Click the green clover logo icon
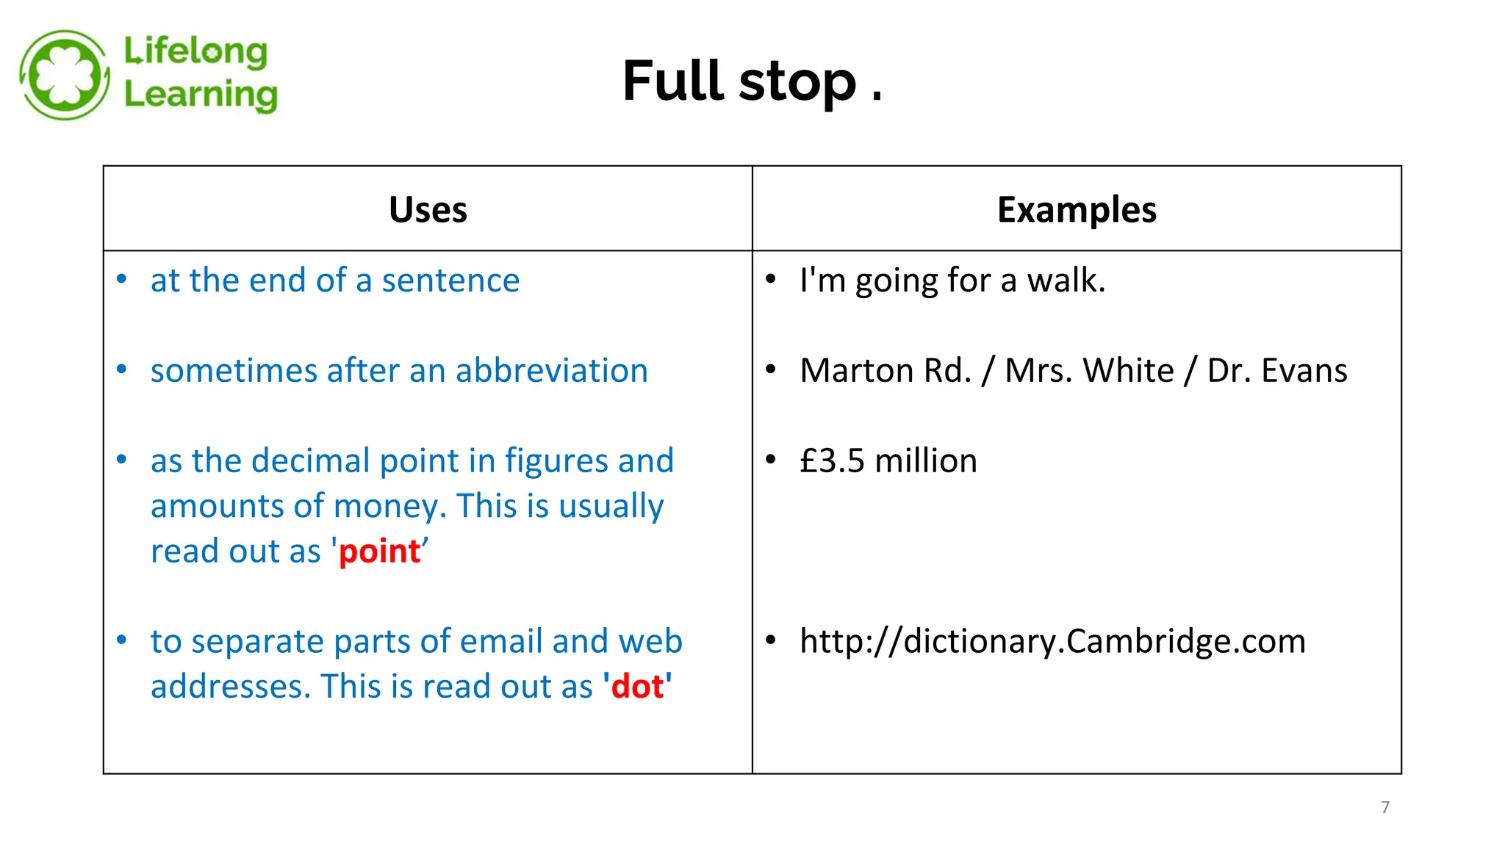(65, 74)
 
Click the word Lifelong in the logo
(195, 52)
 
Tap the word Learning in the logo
(201, 95)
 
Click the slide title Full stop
(751, 81)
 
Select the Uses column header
(428, 210)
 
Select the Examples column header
(1077, 210)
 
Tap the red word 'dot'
(637, 687)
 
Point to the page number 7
(1385, 807)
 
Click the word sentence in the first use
(450, 281)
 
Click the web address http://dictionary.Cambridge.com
(1052, 641)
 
